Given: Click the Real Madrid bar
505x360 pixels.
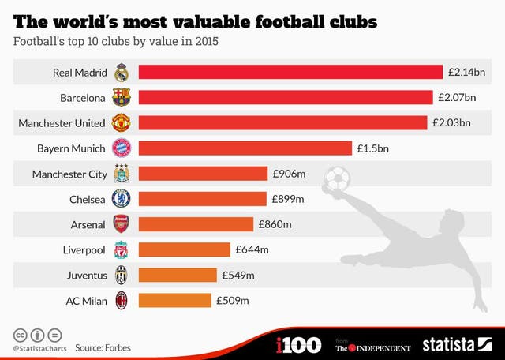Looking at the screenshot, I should (290, 73).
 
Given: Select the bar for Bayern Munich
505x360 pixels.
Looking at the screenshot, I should (245, 148).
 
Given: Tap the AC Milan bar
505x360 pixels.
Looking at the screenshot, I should (174, 300).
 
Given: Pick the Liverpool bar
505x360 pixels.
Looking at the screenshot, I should (185, 249).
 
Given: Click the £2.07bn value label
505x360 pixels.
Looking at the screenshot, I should (457, 98).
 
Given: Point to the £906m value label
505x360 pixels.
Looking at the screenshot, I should (290, 174).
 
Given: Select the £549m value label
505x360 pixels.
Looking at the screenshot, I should (238, 275).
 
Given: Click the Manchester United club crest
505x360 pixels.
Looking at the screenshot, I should (122, 123).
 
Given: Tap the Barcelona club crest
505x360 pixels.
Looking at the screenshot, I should (122, 98).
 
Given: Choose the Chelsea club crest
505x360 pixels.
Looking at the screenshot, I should (122, 199).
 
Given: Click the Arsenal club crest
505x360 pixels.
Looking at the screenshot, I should (122, 224).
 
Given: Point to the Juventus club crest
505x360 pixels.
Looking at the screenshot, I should (122, 275).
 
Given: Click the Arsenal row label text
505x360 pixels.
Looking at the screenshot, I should (88, 224).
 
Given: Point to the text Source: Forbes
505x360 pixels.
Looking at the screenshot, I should (103, 347).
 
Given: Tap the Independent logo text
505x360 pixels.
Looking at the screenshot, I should (373, 347).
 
